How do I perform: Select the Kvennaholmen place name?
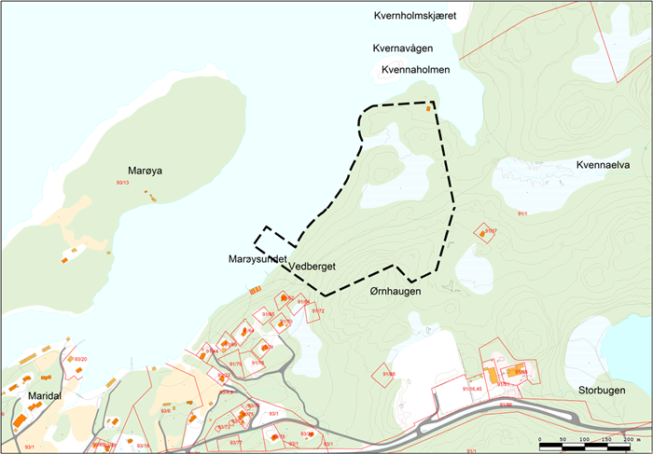point(416,70)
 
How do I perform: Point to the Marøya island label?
point(146,171)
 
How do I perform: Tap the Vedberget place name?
point(313,267)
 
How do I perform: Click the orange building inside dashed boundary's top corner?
point(428,109)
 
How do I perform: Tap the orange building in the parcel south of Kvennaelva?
point(483,233)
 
